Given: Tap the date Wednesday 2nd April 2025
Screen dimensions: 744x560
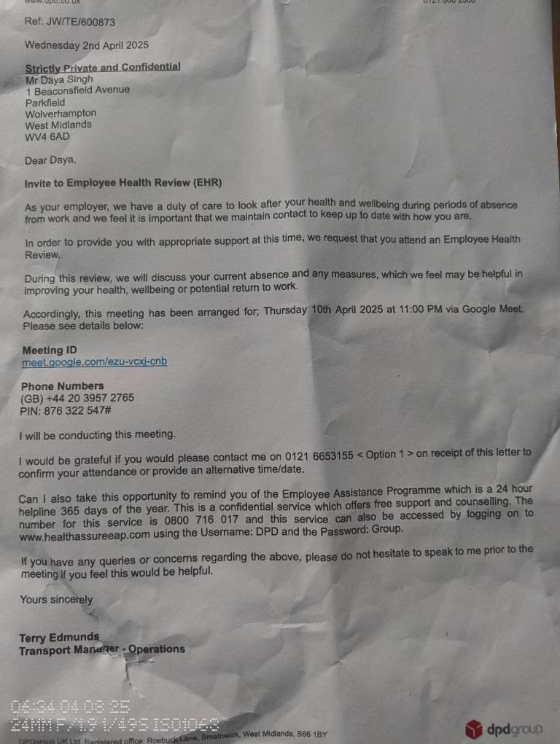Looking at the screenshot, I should [86, 44].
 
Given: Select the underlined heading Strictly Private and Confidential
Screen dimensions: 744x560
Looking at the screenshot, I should [103, 67].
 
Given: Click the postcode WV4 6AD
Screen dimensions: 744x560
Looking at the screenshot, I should [47, 136].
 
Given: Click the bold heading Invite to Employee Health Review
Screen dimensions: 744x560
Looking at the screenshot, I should [123, 183].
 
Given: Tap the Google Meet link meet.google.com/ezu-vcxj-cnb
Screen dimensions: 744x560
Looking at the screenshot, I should [95, 361].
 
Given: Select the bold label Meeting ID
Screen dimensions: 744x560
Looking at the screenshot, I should [49, 350].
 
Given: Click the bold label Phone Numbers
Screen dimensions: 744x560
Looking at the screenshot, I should [62, 385].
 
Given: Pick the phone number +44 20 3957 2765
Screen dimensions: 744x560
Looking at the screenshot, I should [90, 398].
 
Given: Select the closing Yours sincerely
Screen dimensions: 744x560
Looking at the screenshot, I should [56, 600].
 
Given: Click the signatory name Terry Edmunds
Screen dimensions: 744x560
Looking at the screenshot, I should [59, 638].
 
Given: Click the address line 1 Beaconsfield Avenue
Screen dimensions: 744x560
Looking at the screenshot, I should [78, 90].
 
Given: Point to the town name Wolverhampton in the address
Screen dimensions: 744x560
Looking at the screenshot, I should [61, 114].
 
